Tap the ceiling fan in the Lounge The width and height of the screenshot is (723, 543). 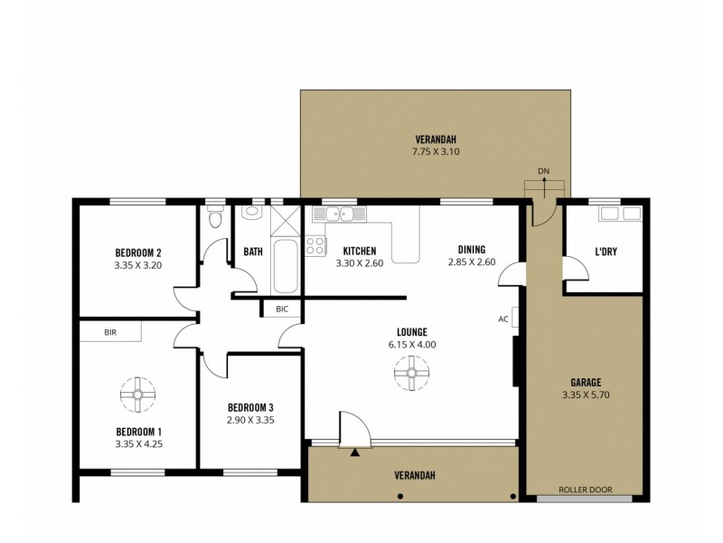click(x=411, y=373)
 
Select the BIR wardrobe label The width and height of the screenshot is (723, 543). click(x=110, y=332)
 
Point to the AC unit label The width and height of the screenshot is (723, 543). click(x=503, y=319)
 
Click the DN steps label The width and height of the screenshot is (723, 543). click(x=543, y=171)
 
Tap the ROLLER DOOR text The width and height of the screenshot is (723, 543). click(x=586, y=490)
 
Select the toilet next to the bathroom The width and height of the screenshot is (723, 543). click(x=214, y=218)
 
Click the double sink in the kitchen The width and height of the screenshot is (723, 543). click(x=338, y=214)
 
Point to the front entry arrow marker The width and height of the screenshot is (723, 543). click(x=356, y=450)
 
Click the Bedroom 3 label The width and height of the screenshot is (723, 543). click(x=250, y=406)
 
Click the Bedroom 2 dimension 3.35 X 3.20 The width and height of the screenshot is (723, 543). click(x=137, y=266)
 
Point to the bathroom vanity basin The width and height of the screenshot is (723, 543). click(x=251, y=213)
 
